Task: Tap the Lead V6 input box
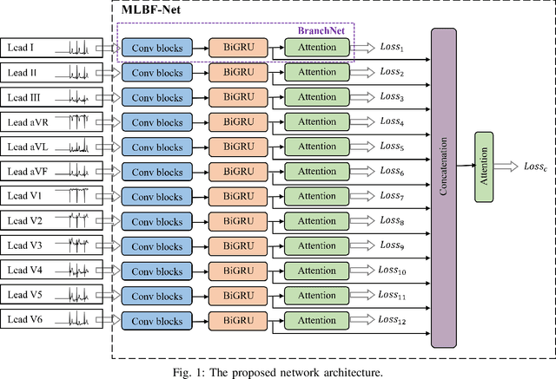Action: pos(52,320)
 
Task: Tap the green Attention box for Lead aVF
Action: pos(316,171)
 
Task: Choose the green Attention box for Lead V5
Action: pos(316,296)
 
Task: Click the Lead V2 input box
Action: pos(52,220)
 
